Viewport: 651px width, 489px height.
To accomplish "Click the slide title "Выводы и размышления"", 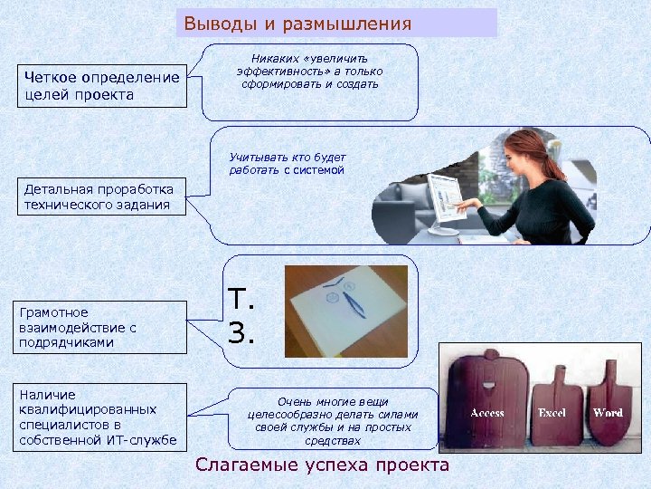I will pos(297,24).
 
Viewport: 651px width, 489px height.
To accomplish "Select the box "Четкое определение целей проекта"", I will pos(101,86).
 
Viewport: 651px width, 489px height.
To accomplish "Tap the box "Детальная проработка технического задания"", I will pos(101,197).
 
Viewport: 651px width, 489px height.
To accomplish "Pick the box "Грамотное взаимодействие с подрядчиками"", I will pos(101,328).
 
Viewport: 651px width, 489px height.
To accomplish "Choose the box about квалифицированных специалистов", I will pos(101,417).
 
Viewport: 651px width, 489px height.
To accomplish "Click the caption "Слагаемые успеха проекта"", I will pos(322,465).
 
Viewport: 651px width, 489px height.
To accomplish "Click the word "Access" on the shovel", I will pos(487,413).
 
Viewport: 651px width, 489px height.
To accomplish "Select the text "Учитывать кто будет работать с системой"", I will pos(287,163).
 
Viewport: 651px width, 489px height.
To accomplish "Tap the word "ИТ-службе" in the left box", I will pos(145,440).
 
